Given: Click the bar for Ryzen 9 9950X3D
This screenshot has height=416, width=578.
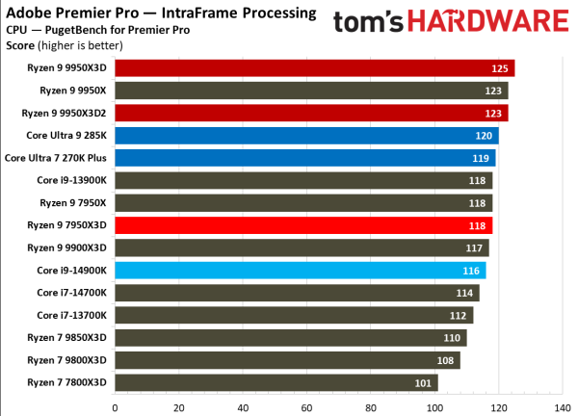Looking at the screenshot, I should pyautogui.click(x=314, y=67).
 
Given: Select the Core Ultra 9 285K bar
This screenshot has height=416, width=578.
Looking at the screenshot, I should pyautogui.click(x=306, y=136).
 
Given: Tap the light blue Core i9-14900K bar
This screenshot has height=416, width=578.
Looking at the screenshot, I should pyautogui.click(x=300, y=271).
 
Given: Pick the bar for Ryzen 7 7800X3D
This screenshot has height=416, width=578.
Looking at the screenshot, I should pyautogui.click(x=276, y=383).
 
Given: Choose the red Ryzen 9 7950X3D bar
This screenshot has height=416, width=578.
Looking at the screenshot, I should pyautogui.click(x=302, y=225).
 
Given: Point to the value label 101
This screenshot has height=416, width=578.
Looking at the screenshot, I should pyautogui.click(x=421, y=383).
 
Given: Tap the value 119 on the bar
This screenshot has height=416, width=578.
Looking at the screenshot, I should pyautogui.click(x=479, y=158).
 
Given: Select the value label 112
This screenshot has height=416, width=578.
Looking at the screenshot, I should pyautogui.click(x=457, y=316).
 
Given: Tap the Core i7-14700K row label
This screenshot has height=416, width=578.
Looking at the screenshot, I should pyautogui.click(x=72, y=293).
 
